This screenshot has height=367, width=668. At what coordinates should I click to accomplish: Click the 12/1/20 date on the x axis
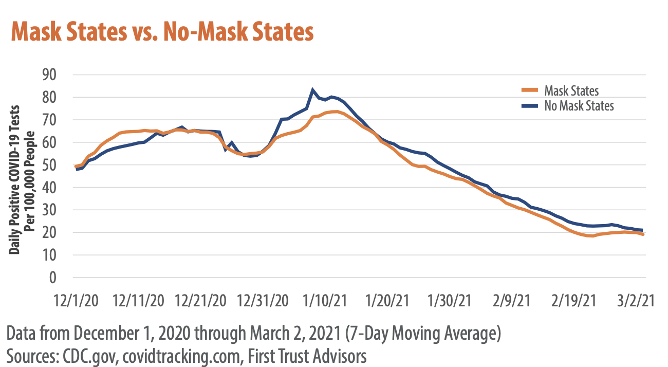click(76, 300)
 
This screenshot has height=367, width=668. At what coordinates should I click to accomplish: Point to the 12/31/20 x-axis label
click(263, 300)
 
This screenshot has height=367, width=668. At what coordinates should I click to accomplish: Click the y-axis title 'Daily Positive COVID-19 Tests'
click(15, 179)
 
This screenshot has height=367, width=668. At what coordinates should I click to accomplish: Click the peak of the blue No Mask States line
click(312, 90)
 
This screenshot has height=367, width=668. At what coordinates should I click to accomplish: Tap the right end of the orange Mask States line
click(643, 234)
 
